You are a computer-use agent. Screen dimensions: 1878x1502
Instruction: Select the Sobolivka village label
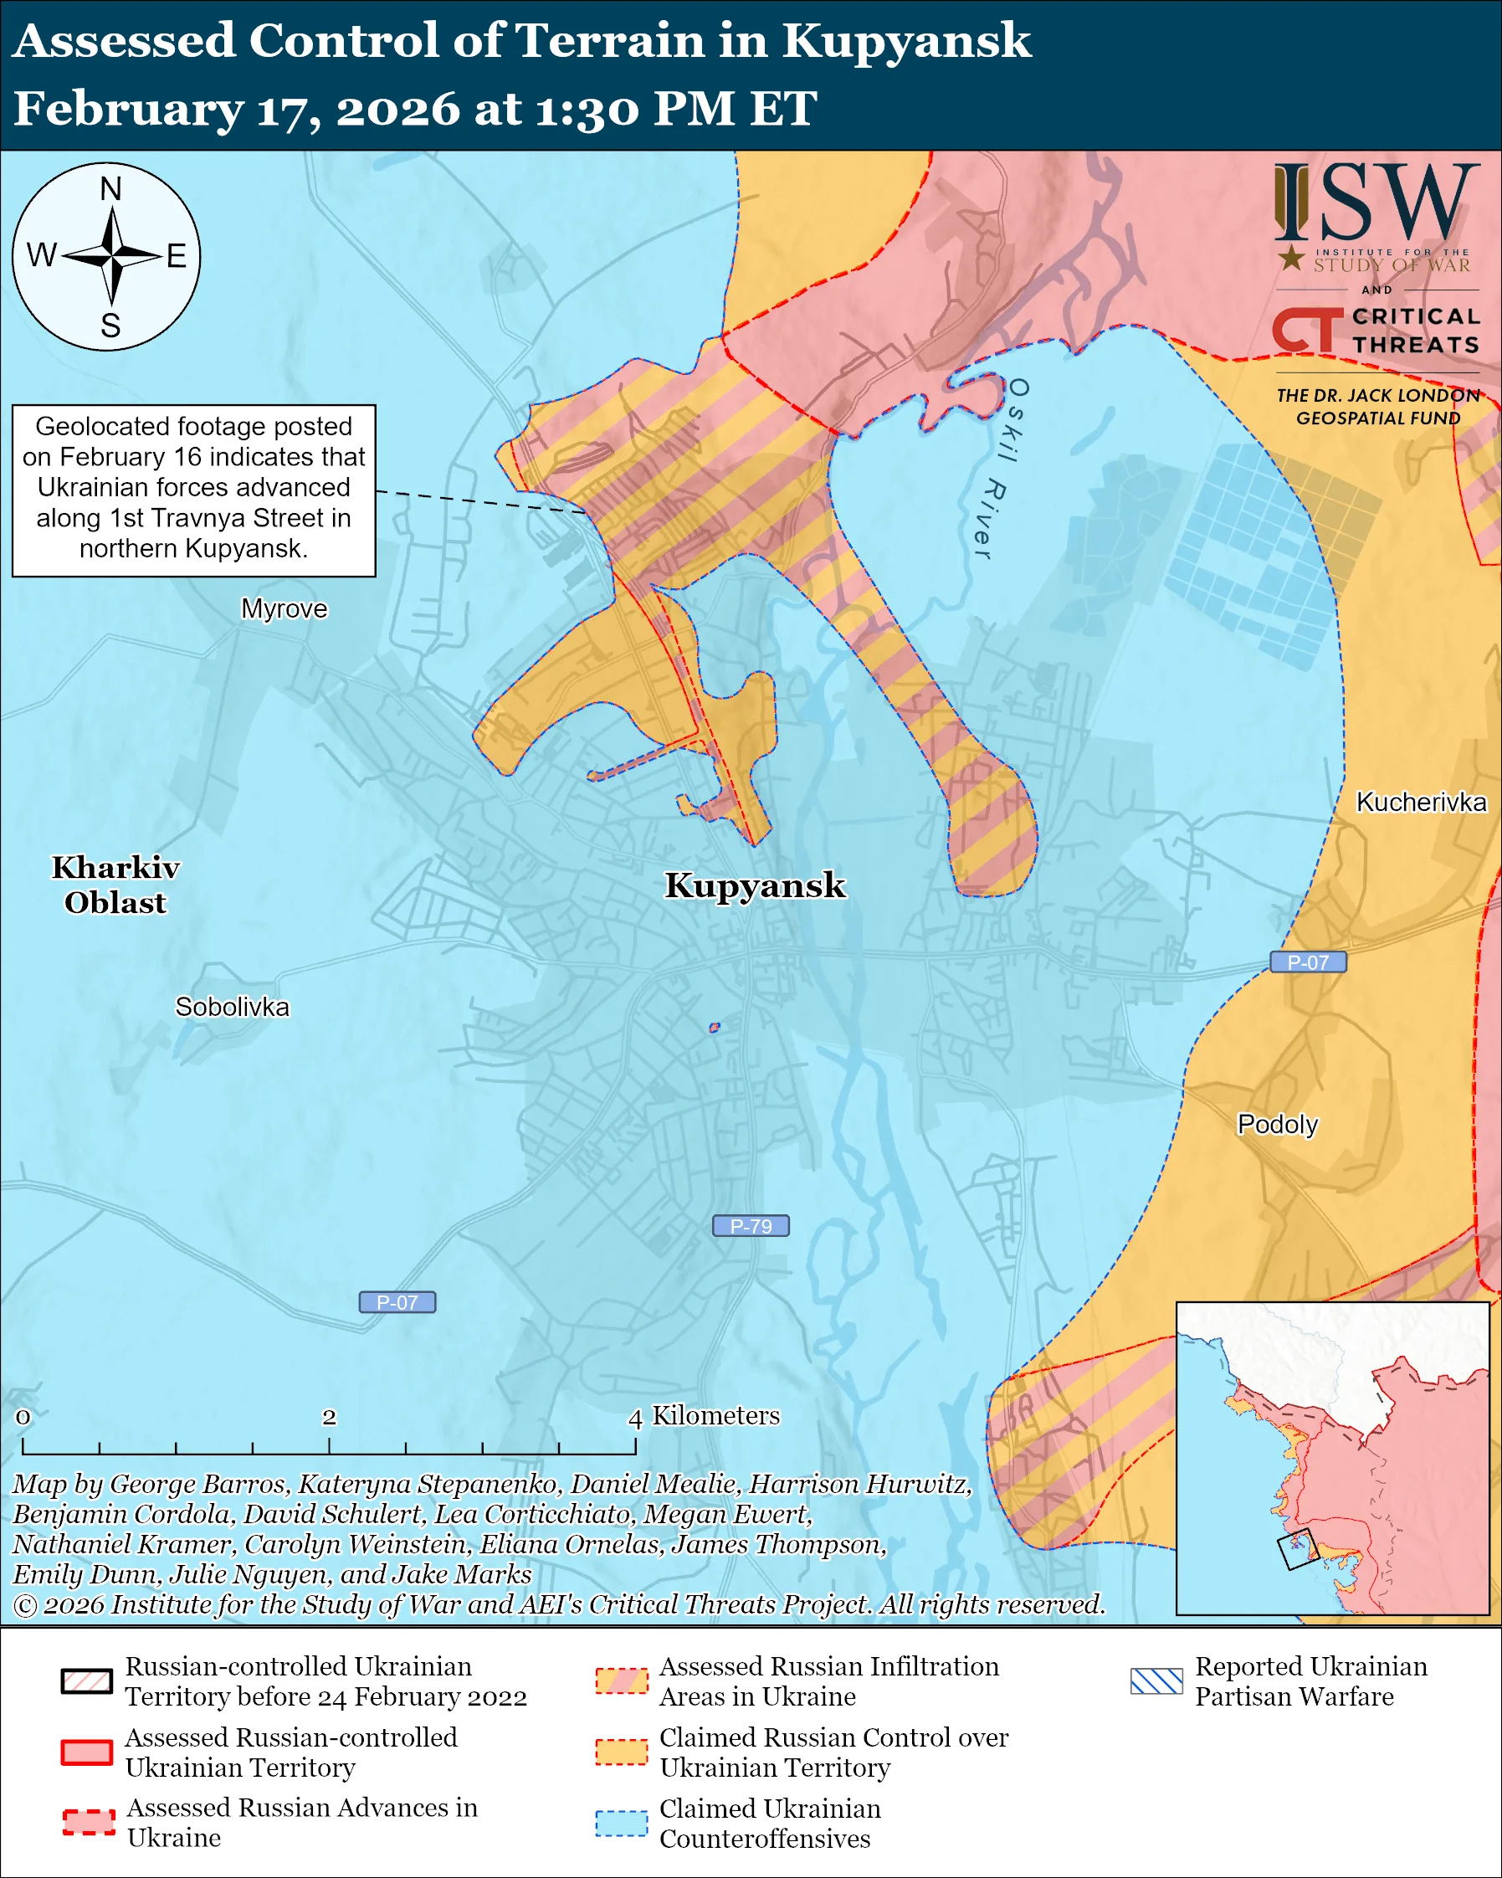[232, 1007]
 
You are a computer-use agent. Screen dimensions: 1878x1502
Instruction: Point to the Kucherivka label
[1420, 802]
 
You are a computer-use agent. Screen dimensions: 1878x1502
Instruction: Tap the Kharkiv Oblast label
[115, 884]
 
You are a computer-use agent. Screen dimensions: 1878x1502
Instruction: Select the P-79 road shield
[750, 1225]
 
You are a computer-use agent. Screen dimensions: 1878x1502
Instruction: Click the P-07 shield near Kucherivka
[1307, 962]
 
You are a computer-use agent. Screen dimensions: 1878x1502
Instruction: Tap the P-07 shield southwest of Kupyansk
[397, 1302]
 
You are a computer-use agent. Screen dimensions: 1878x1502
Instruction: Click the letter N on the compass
[110, 189]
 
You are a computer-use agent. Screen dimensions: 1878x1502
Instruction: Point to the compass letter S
[110, 326]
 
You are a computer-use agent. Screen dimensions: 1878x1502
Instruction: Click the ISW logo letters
[1376, 205]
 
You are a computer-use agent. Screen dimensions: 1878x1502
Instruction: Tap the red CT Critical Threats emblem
[1305, 331]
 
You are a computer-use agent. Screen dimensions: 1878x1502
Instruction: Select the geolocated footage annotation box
[193, 490]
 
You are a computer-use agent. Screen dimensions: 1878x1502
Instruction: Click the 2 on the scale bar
[329, 1417]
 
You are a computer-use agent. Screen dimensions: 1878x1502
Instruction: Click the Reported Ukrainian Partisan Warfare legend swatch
[1156, 1681]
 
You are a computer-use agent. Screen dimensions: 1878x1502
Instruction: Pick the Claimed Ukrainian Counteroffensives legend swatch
[621, 1823]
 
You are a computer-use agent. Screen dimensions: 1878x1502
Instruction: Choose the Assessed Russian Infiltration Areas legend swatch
[621, 1681]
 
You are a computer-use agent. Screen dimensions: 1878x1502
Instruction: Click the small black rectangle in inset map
[1297, 1550]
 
